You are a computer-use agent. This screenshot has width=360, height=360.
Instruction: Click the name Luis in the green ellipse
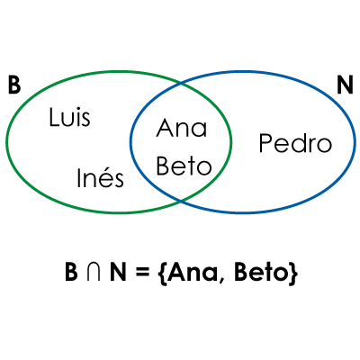(69, 117)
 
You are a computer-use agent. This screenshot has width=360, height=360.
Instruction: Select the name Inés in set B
(100, 177)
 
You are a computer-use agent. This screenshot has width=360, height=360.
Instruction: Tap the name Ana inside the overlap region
(182, 128)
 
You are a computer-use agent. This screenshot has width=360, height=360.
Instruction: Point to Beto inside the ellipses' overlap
(184, 166)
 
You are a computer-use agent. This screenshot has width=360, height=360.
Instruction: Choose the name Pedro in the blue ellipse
(295, 144)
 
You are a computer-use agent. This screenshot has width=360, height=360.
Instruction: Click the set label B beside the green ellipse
(14, 85)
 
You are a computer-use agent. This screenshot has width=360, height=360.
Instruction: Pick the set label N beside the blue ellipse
(345, 85)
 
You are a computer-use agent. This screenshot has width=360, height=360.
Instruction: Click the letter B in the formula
(71, 272)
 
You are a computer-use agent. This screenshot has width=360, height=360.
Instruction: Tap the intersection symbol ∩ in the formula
(93, 272)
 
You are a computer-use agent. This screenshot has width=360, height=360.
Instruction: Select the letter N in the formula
(118, 272)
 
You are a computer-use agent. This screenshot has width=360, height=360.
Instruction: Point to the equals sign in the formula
(142, 273)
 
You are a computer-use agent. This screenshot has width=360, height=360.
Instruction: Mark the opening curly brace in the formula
(161, 273)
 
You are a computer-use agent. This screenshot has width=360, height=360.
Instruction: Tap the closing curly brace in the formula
(292, 273)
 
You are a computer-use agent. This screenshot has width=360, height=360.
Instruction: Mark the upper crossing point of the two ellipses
(181, 83)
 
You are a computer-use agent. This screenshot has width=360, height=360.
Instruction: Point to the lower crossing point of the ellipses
(181, 201)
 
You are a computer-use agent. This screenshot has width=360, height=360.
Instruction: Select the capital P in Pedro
(265, 144)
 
